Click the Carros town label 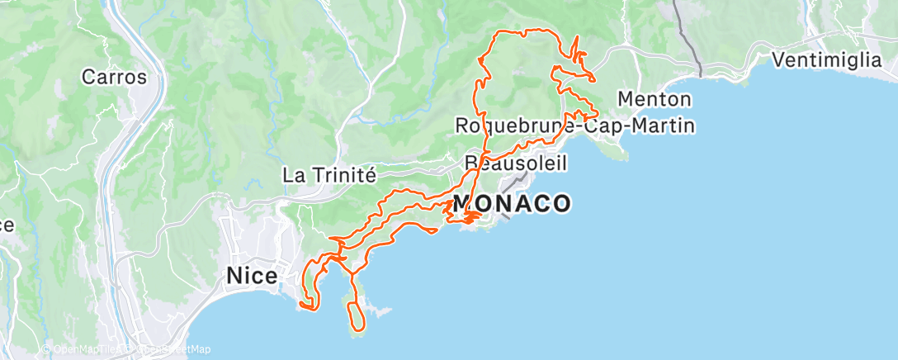114,78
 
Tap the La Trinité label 329,175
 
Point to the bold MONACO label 512,203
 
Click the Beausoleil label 518,163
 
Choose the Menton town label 654,99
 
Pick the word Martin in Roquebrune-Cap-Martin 664,126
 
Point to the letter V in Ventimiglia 777,60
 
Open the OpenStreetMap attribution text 172,349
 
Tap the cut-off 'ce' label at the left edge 6,225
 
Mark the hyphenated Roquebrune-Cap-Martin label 575,126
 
